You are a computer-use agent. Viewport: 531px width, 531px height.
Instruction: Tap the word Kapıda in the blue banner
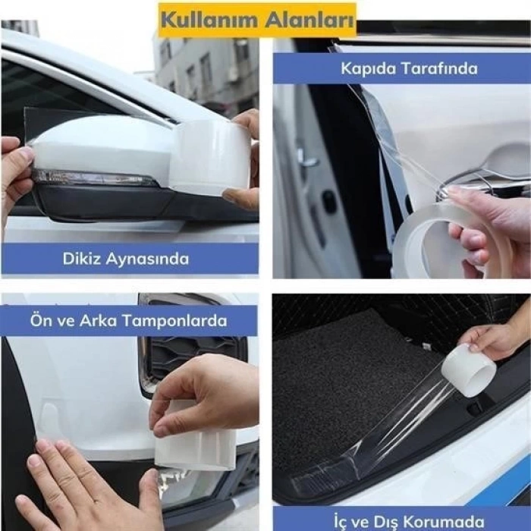367,68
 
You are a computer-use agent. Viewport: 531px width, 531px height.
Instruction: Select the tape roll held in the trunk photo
468,369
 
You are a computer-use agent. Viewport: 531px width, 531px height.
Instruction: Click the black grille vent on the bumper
190,357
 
